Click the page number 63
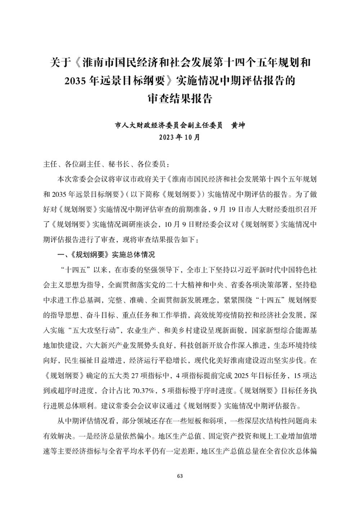(180, 476)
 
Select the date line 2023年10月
(180, 137)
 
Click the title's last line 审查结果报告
(180, 99)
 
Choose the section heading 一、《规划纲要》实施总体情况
(107, 255)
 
